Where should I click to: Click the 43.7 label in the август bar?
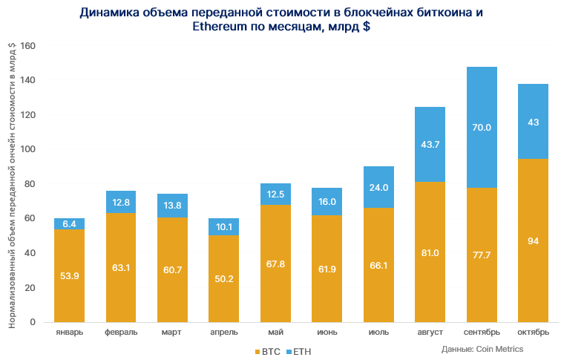(x=430, y=145)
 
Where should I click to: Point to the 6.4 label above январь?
(x=69, y=223)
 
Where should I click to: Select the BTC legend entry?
(x=267, y=351)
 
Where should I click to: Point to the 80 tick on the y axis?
(x=30, y=184)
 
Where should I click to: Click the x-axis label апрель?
(x=223, y=332)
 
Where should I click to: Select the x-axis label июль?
(x=378, y=332)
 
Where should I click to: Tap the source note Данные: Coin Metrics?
(x=482, y=349)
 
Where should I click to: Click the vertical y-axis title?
(x=12, y=186)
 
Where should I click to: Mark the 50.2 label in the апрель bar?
(x=223, y=279)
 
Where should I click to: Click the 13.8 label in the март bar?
(x=172, y=205)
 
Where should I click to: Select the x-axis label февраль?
(x=121, y=332)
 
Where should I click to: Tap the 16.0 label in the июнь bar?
(x=327, y=201)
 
